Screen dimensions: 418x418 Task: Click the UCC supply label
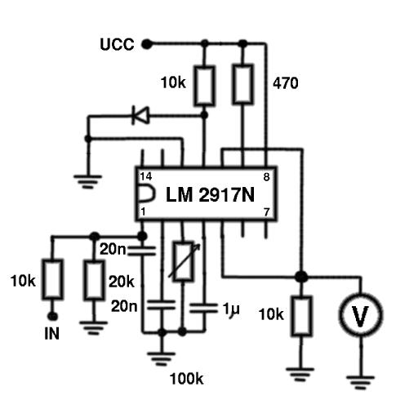117,44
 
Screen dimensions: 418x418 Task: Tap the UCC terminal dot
147,44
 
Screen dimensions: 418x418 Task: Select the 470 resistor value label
286,83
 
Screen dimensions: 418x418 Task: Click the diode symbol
140,115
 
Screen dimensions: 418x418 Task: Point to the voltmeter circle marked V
361,315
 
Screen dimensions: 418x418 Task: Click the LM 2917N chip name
210,194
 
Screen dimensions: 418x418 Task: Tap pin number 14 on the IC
146,176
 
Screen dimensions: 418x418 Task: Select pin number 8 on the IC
266,177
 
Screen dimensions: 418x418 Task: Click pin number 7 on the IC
267,212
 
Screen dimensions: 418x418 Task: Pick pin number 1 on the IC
143,211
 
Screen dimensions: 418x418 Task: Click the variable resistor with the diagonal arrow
185,260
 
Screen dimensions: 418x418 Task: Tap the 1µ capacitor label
231,309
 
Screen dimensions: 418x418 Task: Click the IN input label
51,334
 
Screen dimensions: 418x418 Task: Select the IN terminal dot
52,316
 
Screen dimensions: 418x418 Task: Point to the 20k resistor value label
122,282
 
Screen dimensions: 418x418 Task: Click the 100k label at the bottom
186,379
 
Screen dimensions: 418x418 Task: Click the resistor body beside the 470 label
242,84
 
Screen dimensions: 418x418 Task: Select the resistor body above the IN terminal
52,279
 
